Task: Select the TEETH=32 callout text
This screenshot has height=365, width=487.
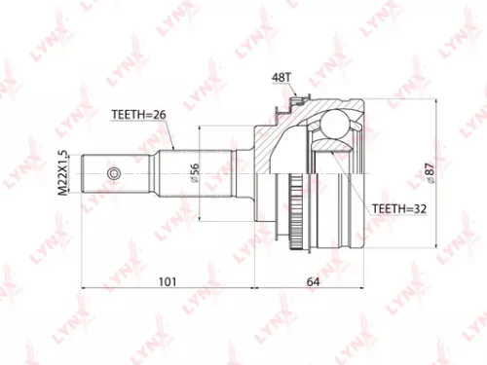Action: coord(400,208)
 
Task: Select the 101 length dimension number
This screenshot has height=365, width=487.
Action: coord(167,283)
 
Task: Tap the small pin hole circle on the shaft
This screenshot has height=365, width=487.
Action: coord(113,176)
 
